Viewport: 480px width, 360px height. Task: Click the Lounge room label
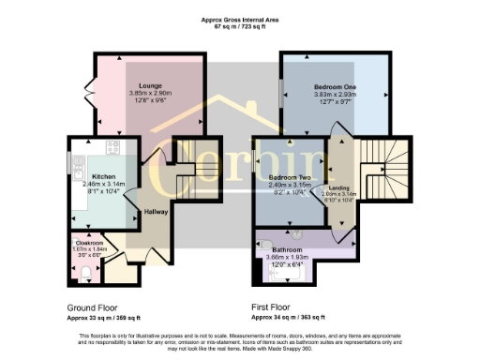coord(151,85)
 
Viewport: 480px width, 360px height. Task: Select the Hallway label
coord(155,213)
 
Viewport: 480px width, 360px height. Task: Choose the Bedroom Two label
coord(290,176)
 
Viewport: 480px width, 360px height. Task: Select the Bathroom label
coord(285,249)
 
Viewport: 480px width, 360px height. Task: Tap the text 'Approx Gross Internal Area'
coord(239,19)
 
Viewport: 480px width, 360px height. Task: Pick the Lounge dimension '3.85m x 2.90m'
coord(151,94)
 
